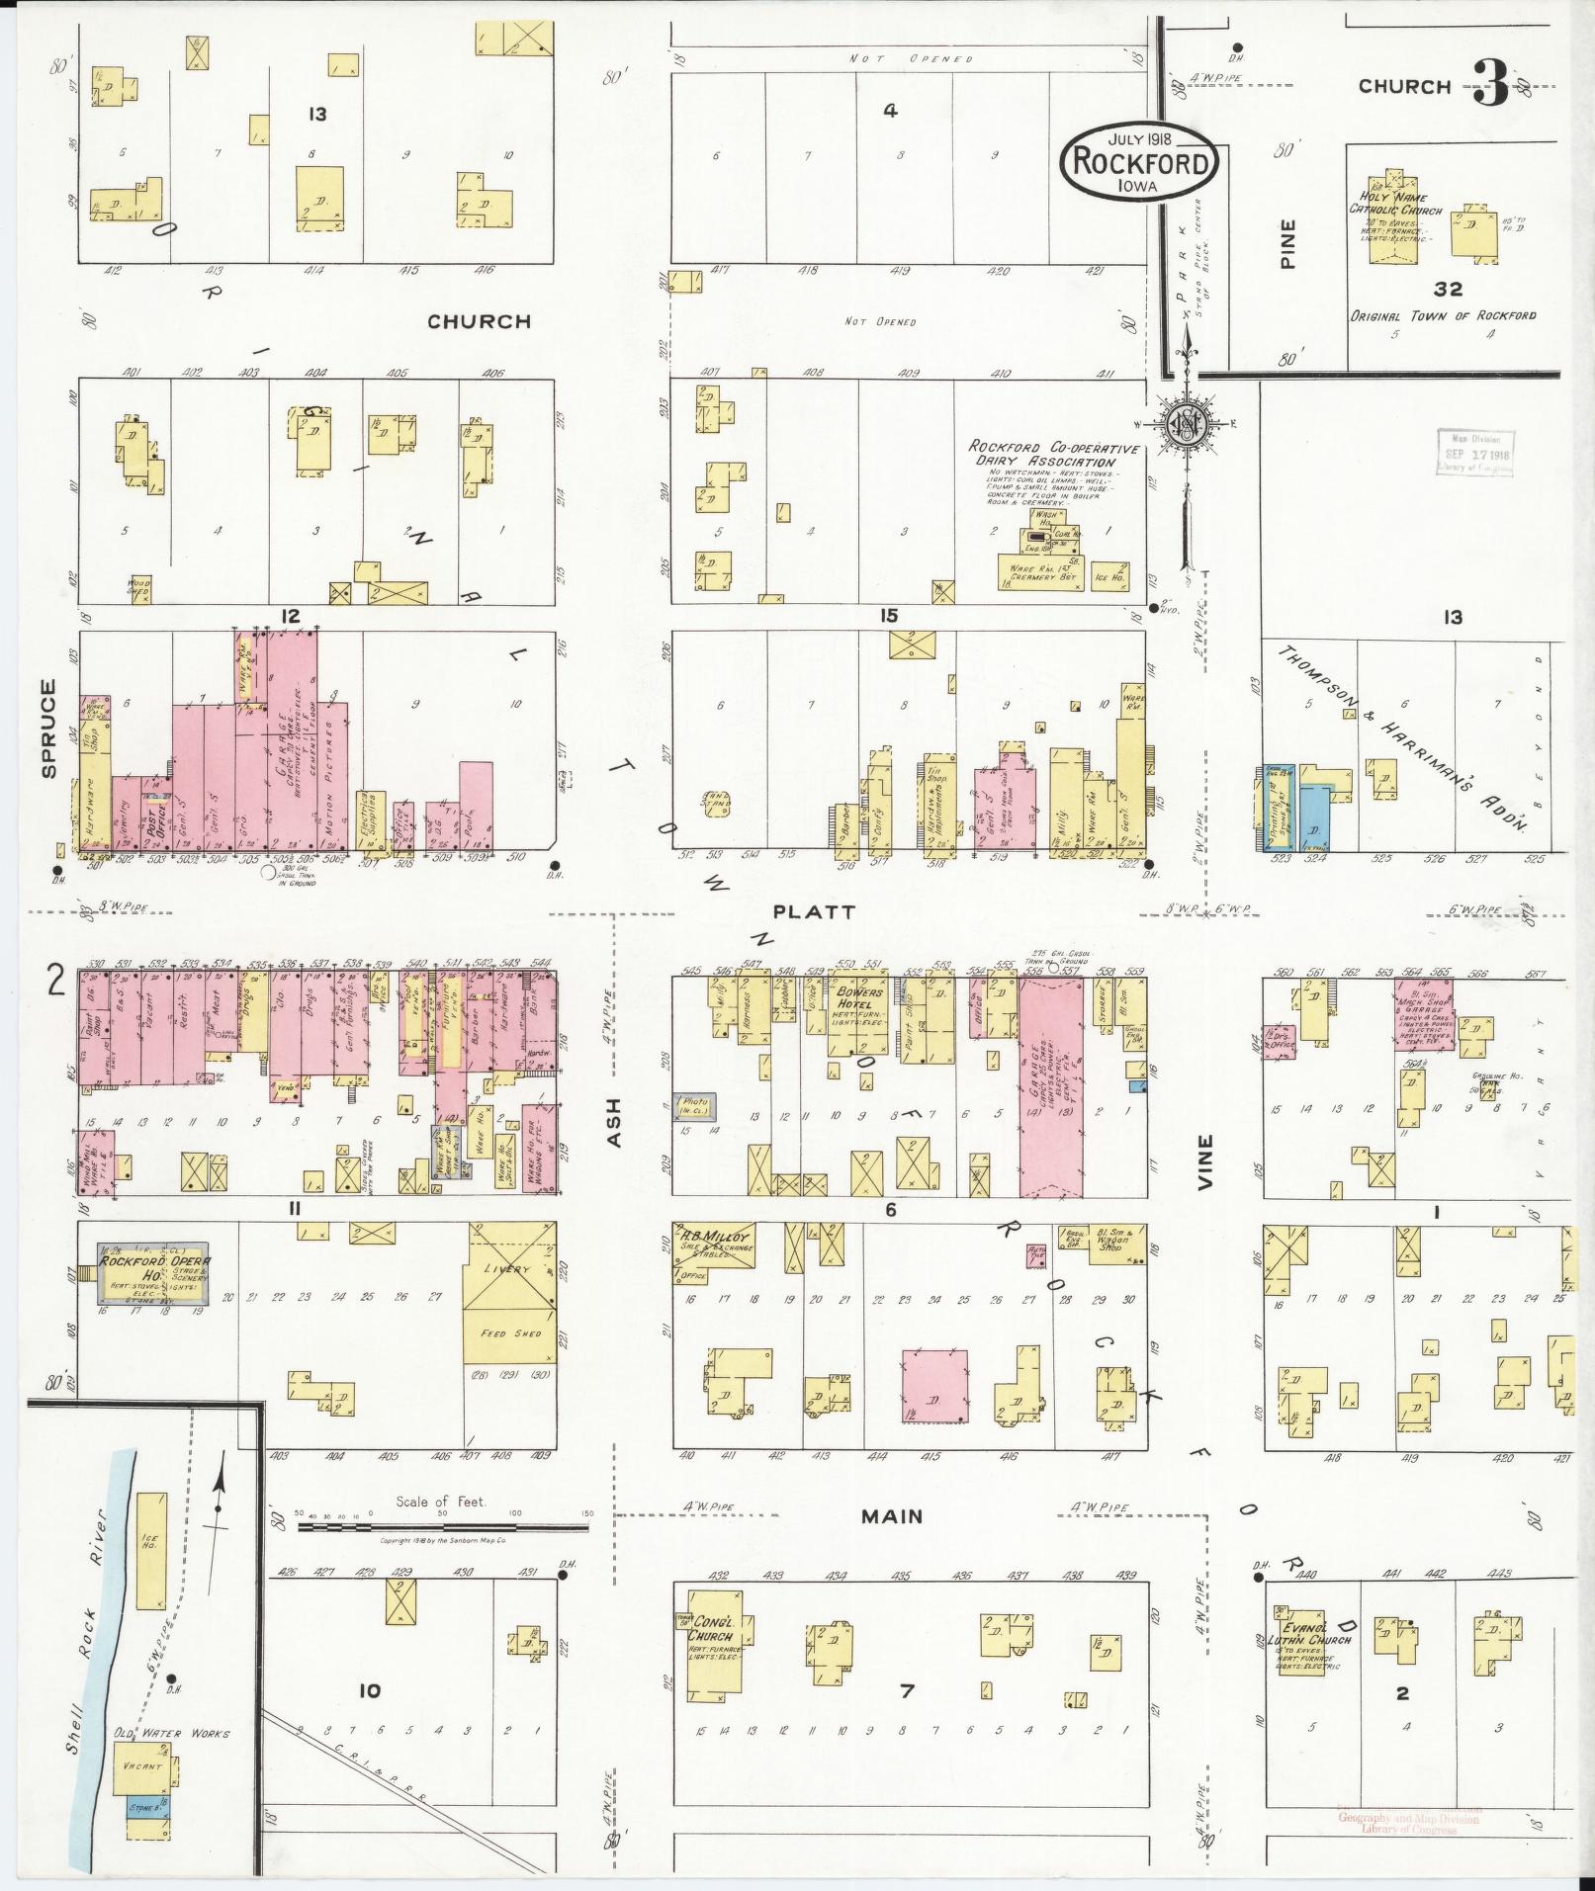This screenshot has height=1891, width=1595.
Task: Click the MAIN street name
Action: pos(890,1515)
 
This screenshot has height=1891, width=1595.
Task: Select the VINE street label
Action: pos(1205,1160)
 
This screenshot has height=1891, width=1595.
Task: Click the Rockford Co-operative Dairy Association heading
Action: pos(1052,455)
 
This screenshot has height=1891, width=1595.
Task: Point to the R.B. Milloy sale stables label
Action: pos(712,1241)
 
